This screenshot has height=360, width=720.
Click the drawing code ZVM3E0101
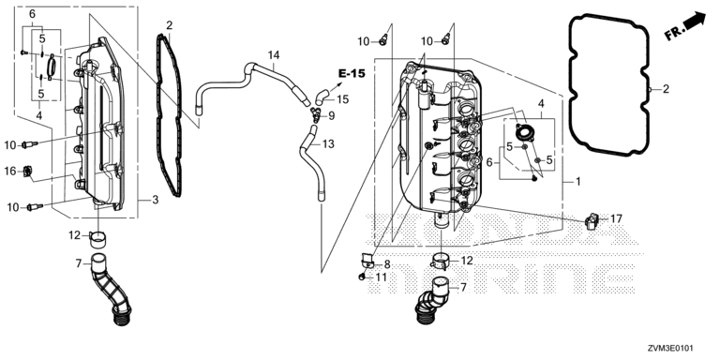click(671, 349)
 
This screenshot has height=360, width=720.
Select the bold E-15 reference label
click(352, 73)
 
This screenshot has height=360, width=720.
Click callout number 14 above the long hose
click(273, 55)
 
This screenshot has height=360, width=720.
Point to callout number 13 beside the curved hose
click(328, 144)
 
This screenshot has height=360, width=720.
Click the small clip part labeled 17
click(592, 220)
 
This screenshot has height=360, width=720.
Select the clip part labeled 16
click(27, 172)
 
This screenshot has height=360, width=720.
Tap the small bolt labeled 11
click(362, 277)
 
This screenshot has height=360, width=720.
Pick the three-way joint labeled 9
click(316, 114)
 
